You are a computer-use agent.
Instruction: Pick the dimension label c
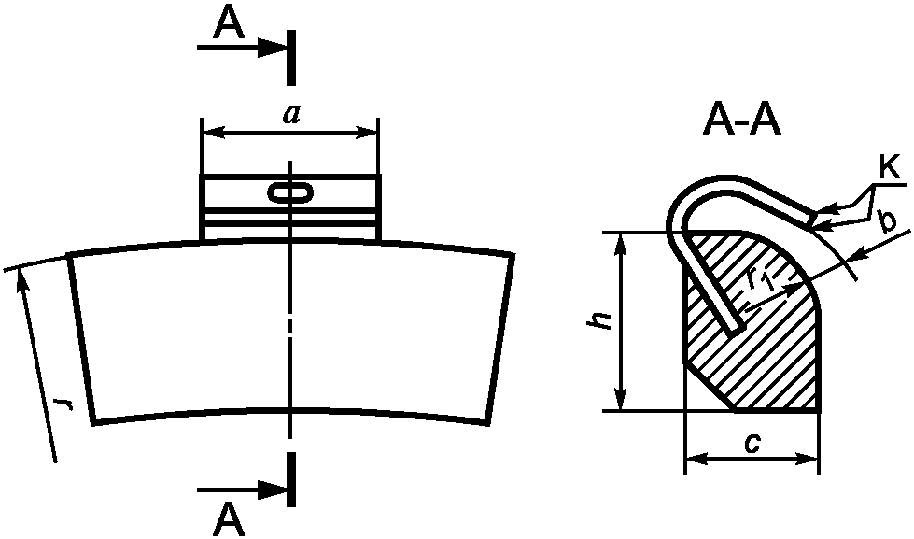point(752,445)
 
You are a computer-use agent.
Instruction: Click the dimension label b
point(887,222)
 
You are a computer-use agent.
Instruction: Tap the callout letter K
point(890,169)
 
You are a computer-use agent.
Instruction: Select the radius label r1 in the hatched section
point(760,281)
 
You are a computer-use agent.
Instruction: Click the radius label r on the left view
point(63,404)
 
